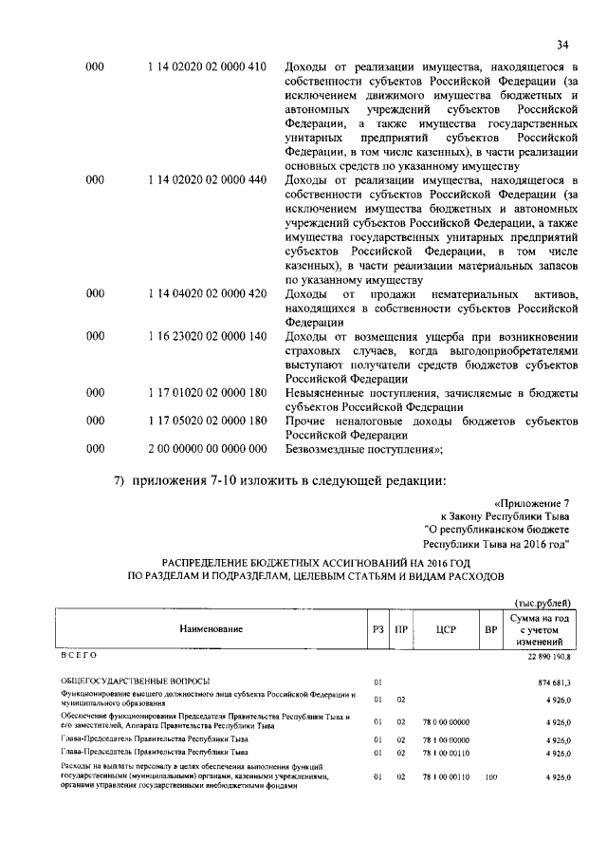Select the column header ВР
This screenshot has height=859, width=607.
click(x=490, y=628)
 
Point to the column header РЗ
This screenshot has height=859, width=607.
click(x=377, y=628)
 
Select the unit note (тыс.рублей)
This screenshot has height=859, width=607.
click(x=542, y=602)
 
